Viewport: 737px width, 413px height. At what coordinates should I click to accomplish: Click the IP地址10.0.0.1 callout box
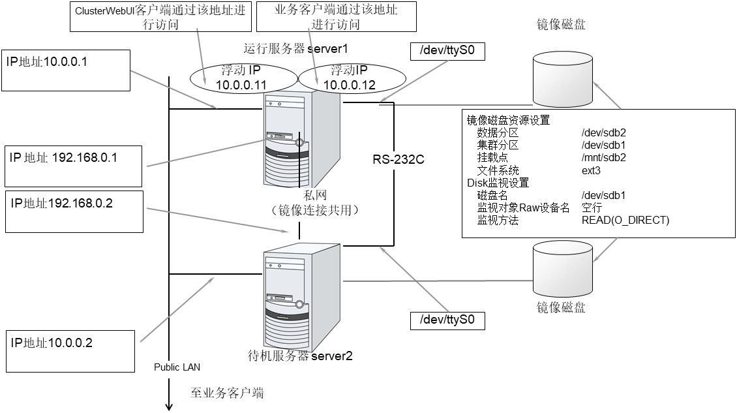click(67, 69)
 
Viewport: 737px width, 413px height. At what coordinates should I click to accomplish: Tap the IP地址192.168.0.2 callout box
click(73, 211)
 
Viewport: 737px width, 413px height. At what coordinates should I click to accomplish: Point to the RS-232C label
click(399, 159)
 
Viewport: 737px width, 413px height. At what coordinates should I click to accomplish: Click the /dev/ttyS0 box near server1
click(447, 52)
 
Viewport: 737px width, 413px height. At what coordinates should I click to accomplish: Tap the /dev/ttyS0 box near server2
click(447, 320)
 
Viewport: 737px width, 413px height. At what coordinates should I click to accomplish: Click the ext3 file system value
click(591, 170)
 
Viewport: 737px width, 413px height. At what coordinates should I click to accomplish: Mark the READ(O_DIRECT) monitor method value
click(625, 221)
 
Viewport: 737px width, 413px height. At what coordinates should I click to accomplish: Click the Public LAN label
click(177, 367)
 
